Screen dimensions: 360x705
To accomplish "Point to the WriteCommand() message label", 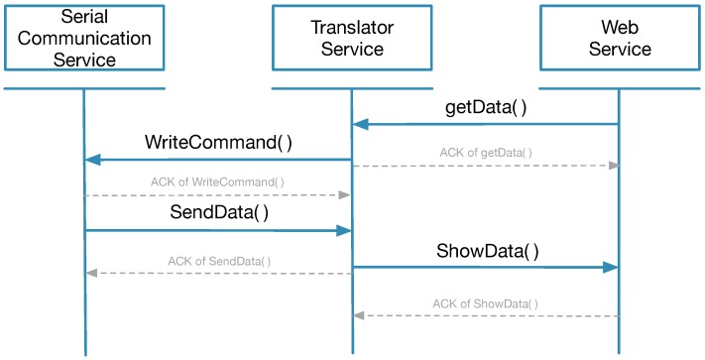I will coord(218,142).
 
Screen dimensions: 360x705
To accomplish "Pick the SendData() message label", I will coord(218,212).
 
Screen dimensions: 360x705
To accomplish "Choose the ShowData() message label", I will coord(488,250).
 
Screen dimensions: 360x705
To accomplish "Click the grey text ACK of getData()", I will coord(486,153).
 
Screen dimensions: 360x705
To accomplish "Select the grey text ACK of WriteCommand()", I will coord(217,182).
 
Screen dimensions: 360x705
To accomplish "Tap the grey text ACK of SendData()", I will coord(219,261).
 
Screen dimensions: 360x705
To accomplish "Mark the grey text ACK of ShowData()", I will coord(486,303).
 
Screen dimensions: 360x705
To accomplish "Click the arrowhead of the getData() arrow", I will coord(361,124).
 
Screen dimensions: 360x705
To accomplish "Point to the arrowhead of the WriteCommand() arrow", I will coord(92,160).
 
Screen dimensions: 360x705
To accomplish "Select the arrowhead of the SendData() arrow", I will coord(343,230).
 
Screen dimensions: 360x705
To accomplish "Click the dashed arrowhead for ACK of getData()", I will coord(613,166).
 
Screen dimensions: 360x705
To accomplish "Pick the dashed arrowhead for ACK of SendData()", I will coord(90,273).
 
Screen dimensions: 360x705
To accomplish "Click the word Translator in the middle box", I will coord(351,28).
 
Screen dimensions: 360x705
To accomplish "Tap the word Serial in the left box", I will coord(83,19).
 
